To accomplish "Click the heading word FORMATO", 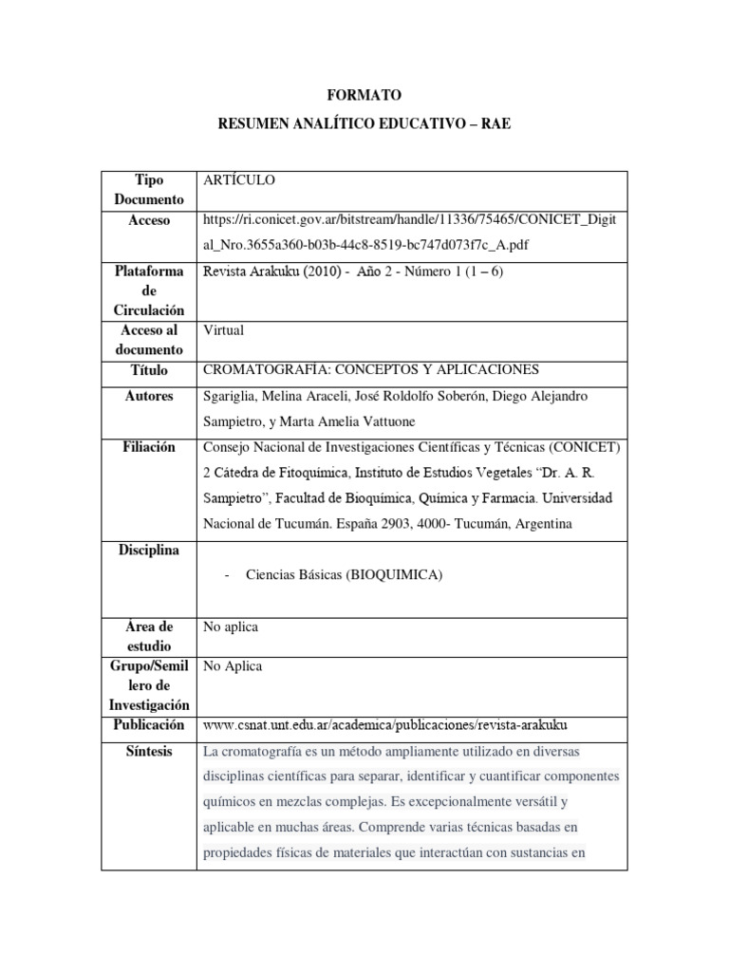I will (x=364, y=95).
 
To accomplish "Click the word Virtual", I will (x=224, y=330).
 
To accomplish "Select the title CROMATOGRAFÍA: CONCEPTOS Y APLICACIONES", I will (x=371, y=370).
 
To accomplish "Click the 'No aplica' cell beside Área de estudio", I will (x=231, y=627).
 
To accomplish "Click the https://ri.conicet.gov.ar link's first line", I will (x=410, y=220).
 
